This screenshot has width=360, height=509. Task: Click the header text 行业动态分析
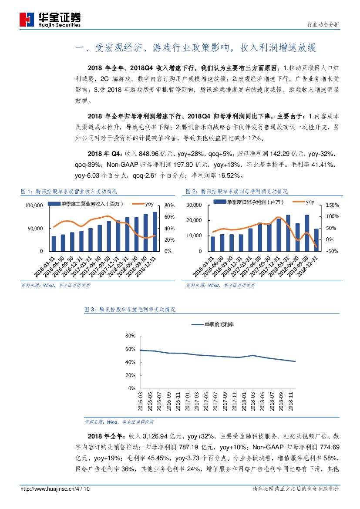(x=323, y=25)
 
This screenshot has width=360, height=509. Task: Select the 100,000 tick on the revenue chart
(x=34, y=205)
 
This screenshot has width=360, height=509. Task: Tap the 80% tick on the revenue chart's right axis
(x=169, y=205)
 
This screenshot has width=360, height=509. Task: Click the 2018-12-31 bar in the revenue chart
(x=155, y=232)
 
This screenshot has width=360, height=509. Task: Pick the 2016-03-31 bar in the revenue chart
(x=54, y=244)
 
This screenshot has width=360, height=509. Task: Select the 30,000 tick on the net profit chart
(x=195, y=205)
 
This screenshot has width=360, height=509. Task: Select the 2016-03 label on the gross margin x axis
(x=141, y=403)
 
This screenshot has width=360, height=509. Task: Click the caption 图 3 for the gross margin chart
(x=130, y=309)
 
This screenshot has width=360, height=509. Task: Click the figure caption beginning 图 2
(x=236, y=191)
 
